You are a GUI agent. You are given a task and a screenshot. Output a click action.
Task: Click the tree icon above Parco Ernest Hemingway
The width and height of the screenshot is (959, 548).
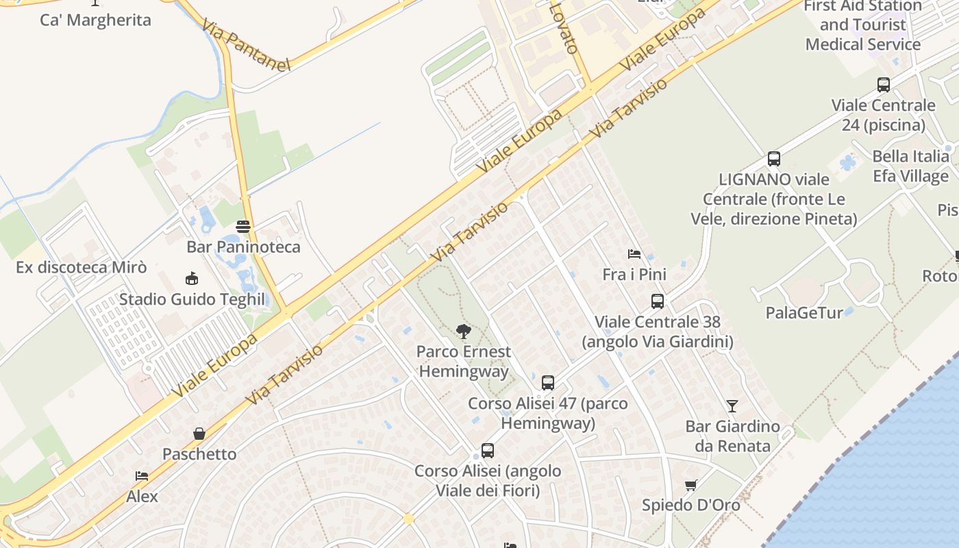click(x=464, y=332)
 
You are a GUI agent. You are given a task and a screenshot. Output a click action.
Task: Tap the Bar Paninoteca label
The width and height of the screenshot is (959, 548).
click(x=243, y=247)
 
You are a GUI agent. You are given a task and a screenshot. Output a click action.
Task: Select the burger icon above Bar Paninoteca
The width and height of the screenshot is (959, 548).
click(x=243, y=226)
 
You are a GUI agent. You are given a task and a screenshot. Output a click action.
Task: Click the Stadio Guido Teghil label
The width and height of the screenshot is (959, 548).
click(x=192, y=299)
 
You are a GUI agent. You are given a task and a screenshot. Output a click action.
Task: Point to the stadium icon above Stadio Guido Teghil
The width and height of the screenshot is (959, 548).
click(x=192, y=279)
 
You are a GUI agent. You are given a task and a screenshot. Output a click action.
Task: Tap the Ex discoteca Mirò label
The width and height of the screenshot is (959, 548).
click(x=81, y=267)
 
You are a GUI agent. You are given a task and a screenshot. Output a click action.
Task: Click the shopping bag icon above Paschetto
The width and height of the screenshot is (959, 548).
click(x=199, y=434)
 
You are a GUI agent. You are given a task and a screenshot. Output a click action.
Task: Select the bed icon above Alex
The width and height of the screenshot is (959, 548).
click(x=142, y=476)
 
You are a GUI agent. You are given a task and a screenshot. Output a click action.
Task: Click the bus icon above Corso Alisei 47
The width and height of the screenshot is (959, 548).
click(x=547, y=383)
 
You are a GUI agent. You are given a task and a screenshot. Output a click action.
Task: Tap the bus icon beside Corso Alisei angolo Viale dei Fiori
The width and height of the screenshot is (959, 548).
click(x=488, y=451)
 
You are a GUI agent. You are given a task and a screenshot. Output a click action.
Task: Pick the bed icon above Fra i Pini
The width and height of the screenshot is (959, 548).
click(x=634, y=254)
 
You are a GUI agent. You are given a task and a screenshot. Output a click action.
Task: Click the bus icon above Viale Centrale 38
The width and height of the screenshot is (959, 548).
click(x=657, y=301)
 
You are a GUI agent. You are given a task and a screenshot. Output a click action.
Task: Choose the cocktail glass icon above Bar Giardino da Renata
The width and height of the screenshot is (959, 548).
click(x=732, y=406)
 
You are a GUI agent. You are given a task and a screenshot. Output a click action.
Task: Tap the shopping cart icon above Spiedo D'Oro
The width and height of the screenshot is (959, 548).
click(x=690, y=486)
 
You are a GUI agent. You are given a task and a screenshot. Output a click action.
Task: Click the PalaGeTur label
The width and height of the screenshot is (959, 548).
click(x=804, y=313)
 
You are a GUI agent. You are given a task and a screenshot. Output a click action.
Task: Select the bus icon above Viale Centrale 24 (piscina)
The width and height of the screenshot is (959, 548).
click(x=884, y=85)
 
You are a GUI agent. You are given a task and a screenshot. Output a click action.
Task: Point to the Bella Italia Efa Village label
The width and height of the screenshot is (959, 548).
click(x=910, y=166)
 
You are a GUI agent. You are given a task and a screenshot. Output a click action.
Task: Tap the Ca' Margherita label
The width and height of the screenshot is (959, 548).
click(x=95, y=20)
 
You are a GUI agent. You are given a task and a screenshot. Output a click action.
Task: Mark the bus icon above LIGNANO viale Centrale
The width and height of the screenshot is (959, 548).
click(x=774, y=159)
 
